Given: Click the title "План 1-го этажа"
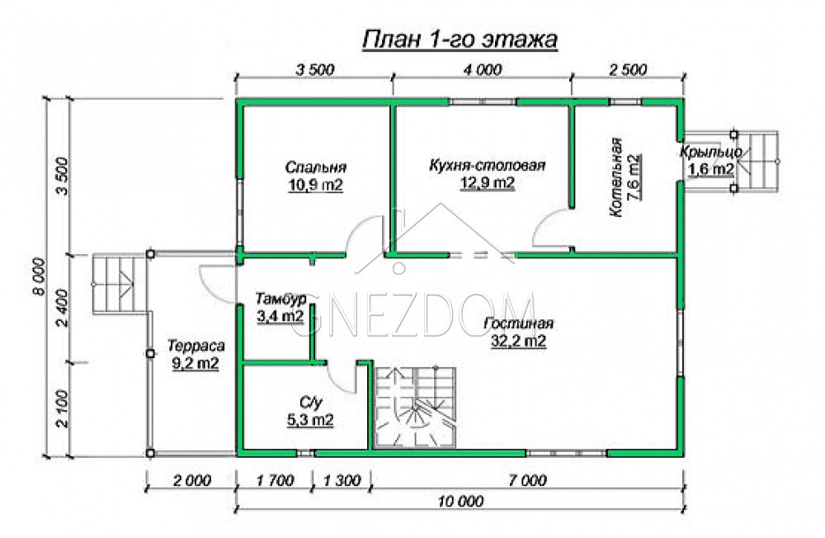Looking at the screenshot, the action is pos(460,40).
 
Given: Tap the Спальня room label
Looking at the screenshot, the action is pos(316,168).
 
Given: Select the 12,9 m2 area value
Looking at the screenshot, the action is pos(488,183).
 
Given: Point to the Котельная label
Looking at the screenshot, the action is pos(616,177).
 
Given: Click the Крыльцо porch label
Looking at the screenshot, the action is pos(711,152).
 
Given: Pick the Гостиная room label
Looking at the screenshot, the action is pos(518,323).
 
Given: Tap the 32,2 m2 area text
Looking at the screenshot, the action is pos(518,341).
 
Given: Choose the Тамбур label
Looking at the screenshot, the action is pos(280,300).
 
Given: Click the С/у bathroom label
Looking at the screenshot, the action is pos(310,403).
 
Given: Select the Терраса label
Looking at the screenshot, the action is pos(196,346).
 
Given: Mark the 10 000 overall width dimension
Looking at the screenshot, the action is pos(460,501).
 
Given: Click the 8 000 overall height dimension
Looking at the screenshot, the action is pos(40,277).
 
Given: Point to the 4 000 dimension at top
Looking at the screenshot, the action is pos(483,69).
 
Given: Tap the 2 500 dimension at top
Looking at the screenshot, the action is pos(628,69).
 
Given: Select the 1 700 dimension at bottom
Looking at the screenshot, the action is pos(275,480).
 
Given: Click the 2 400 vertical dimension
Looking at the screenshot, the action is pos(63,308).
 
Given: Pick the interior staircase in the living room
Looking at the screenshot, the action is pos(415,408).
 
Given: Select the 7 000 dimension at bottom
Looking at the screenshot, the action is pos(527,480).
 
